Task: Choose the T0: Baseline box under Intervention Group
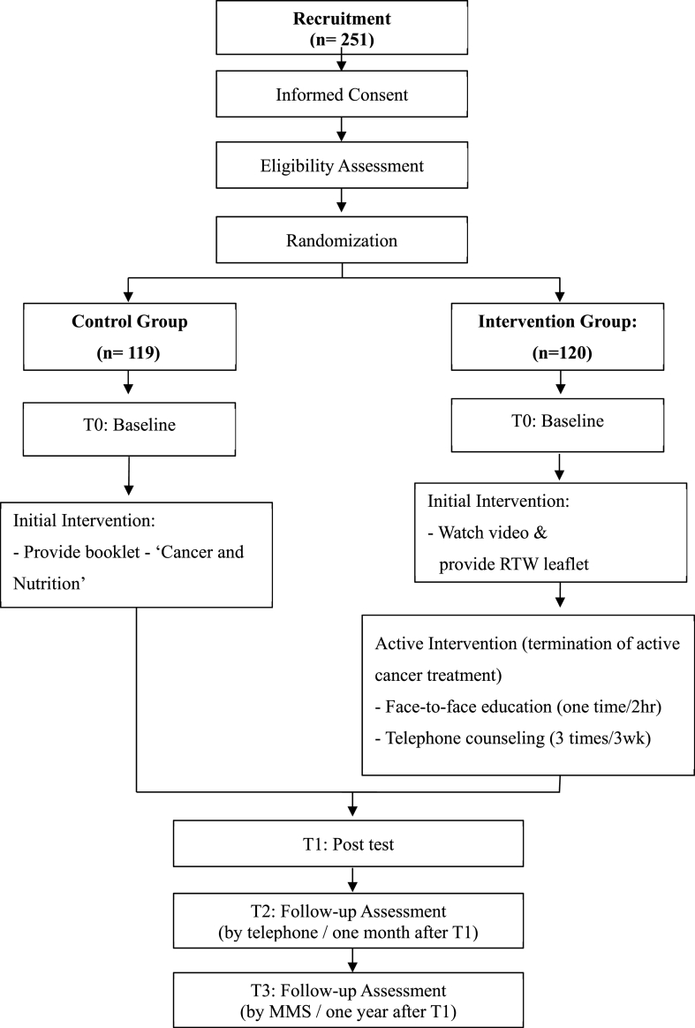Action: tap(558, 421)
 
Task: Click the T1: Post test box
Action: tap(351, 844)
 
